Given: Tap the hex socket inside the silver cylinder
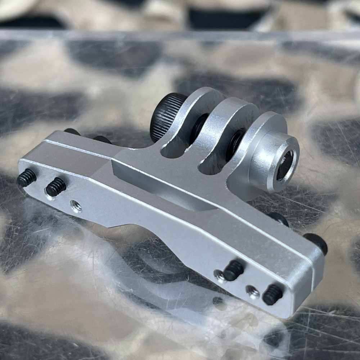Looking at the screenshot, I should point(284,166).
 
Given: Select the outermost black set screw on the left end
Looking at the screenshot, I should point(27,178).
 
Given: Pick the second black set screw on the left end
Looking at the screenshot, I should point(56,187).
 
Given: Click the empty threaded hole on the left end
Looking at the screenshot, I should point(76,207).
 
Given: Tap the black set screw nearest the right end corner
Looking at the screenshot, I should point(272,294).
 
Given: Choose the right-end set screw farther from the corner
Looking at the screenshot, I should point(233,270).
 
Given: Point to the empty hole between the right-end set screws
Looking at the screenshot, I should point(253,292).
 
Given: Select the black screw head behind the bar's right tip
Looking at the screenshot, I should point(316,243).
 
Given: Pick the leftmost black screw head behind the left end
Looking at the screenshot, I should point(72,132).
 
